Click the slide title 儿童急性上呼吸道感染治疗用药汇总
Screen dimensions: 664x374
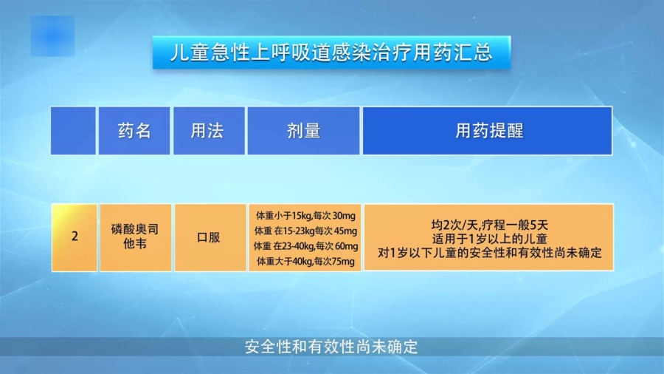331,52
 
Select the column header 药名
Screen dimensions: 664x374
134,131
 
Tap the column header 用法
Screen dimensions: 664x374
209,131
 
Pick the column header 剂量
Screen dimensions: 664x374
304,131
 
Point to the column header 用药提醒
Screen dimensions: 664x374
488,131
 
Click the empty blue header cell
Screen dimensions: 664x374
73,131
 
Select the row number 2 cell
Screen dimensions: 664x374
75,237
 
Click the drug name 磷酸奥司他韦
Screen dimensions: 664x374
135,237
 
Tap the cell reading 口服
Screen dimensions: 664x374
209,237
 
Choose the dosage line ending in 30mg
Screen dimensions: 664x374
305,216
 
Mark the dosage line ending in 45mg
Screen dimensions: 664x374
305,231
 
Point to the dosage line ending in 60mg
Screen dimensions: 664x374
305,246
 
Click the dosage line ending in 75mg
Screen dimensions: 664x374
305,261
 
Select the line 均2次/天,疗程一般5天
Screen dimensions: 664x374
490,225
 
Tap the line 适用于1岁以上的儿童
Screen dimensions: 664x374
490,239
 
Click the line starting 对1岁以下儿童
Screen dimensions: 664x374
490,253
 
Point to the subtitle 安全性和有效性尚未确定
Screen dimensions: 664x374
331,347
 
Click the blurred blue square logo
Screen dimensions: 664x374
52,36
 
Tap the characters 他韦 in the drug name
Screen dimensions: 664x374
135,244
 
